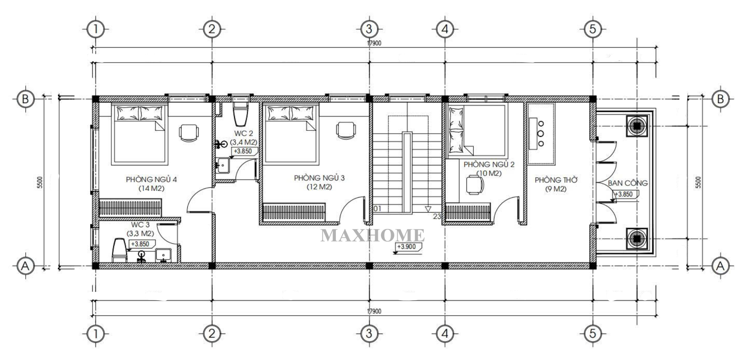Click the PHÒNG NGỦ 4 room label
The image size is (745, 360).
pos(151,180)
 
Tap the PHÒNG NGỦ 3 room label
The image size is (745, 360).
pos(319,178)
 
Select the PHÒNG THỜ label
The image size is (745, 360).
pos(556,180)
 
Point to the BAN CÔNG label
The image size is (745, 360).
pos(628,183)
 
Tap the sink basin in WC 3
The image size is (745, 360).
pos(163,255)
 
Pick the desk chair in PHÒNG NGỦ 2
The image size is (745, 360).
pos(475,185)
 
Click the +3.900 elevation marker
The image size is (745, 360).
pos(408,247)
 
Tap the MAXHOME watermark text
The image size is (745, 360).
pos(372,235)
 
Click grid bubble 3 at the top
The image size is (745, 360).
pos(368,29)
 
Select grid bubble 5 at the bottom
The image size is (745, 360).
pos(592,333)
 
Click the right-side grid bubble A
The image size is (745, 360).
pos(720,266)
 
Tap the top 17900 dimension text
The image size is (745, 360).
pos(374,43)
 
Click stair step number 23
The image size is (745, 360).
pos(437,216)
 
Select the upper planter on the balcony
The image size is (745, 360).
pos(637,126)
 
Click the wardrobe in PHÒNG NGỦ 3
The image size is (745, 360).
pos(294,211)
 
